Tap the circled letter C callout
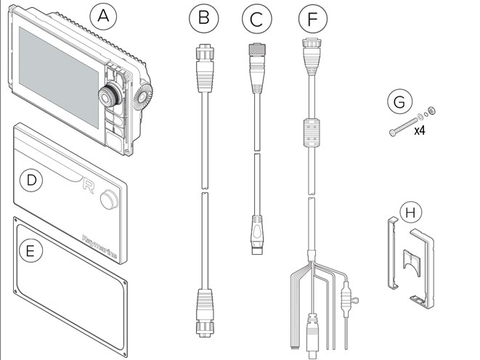coord(255,20)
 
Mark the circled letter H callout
coord(411,213)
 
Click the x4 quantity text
coord(420,131)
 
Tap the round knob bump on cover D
coord(110,197)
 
